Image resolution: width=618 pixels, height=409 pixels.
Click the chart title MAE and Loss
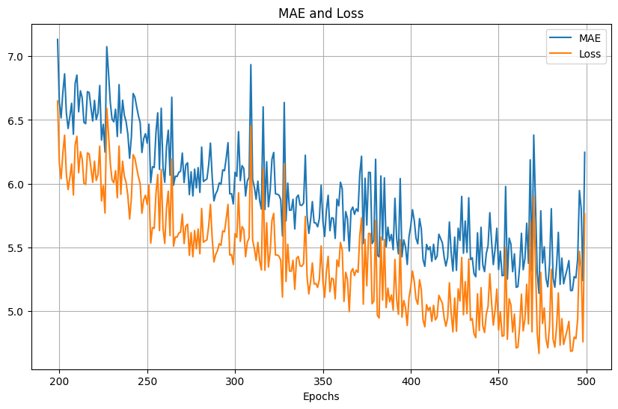pyautogui.click(x=321, y=13)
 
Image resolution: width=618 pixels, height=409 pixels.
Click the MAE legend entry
pyautogui.click(x=590, y=38)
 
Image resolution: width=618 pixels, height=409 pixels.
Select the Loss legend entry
pyautogui.click(x=590, y=54)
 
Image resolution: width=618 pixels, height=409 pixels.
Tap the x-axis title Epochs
pyautogui.click(x=321, y=396)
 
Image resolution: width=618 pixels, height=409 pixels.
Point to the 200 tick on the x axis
pyautogui.click(x=59, y=381)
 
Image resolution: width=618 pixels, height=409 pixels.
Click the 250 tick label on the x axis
pyautogui.click(x=147, y=381)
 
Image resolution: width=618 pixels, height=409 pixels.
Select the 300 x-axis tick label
pyautogui.click(x=235, y=381)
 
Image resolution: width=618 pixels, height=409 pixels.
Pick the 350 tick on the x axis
pyautogui.click(x=323, y=381)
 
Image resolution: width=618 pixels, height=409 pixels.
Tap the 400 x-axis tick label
pyautogui.click(x=411, y=381)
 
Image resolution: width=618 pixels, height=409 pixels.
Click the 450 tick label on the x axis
pyautogui.click(x=498, y=381)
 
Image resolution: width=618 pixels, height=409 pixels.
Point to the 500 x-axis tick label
pyautogui.click(x=587, y=381)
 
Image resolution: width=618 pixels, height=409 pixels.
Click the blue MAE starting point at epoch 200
pyautogui.click(x=58, y=40)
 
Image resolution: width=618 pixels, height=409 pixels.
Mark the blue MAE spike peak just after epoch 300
pyautogui.click(x=251, y=64)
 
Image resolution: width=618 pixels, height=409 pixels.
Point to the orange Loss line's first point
pyautogui.click(x=58, y=101)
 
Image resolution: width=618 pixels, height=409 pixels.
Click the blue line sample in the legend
pyautogui.click(x=561, y=38)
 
